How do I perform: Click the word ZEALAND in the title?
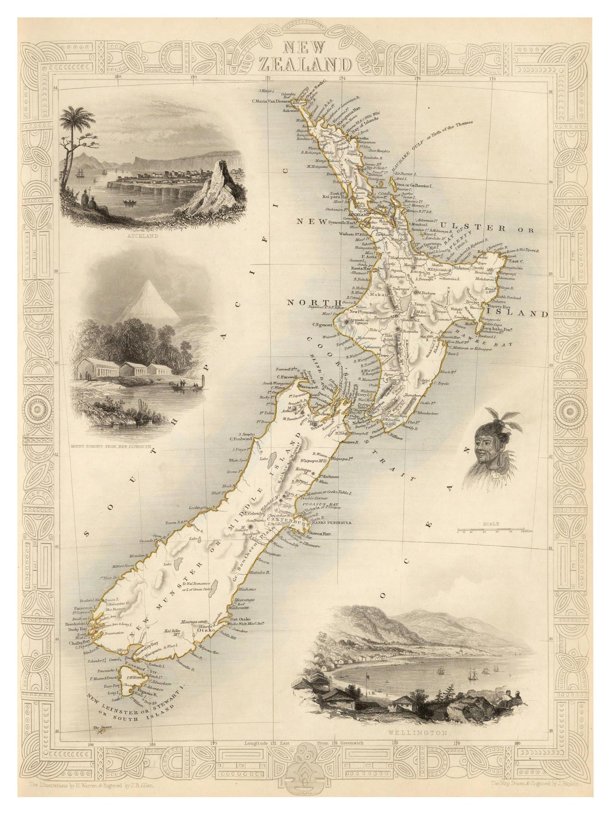304,65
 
